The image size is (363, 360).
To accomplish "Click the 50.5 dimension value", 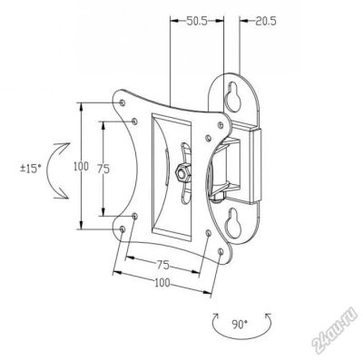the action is (x=196, y=21).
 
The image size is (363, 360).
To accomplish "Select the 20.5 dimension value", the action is (x=265, y=21).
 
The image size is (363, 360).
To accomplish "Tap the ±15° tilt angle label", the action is (x=31, y=169).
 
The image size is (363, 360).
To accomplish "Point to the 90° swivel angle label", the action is (x=240, y=325).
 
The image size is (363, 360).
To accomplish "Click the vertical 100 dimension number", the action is (x=81, y=166).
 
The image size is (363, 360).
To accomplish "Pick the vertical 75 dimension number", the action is (x=103, y=170).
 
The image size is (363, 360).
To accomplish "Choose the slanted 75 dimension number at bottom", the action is (x=162, y=265).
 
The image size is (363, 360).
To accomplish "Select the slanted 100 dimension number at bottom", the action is (x=162, y=283).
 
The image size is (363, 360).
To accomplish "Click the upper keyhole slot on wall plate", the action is (x=233, y=96).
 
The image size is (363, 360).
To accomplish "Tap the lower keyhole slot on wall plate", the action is (x=233, y=223).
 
